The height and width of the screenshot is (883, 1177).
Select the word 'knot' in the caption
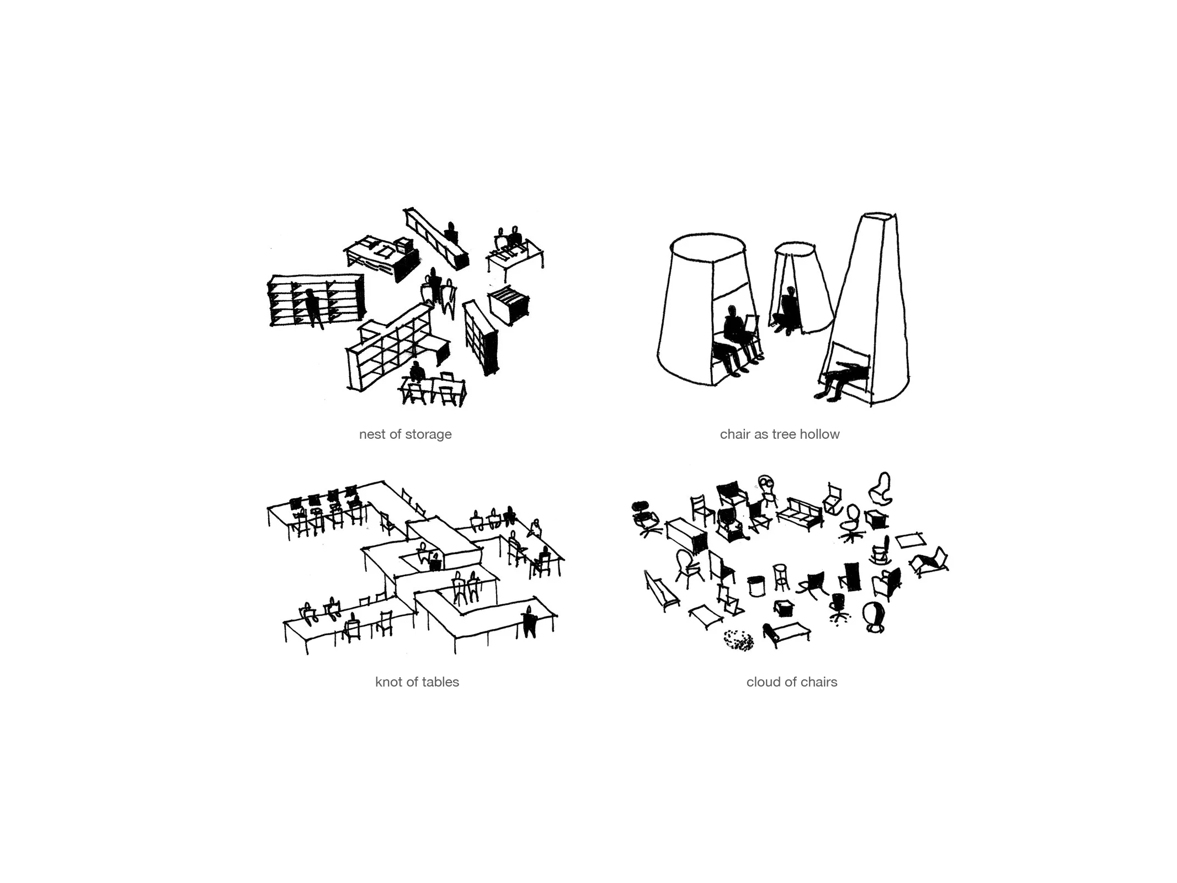coord(388,683)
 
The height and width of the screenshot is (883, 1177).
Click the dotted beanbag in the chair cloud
coord(738,641)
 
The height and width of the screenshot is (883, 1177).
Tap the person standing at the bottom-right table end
coord(529,622)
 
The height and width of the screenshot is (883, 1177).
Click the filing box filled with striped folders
coord(508,303)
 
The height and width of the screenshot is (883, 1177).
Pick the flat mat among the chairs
coord(909,539)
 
